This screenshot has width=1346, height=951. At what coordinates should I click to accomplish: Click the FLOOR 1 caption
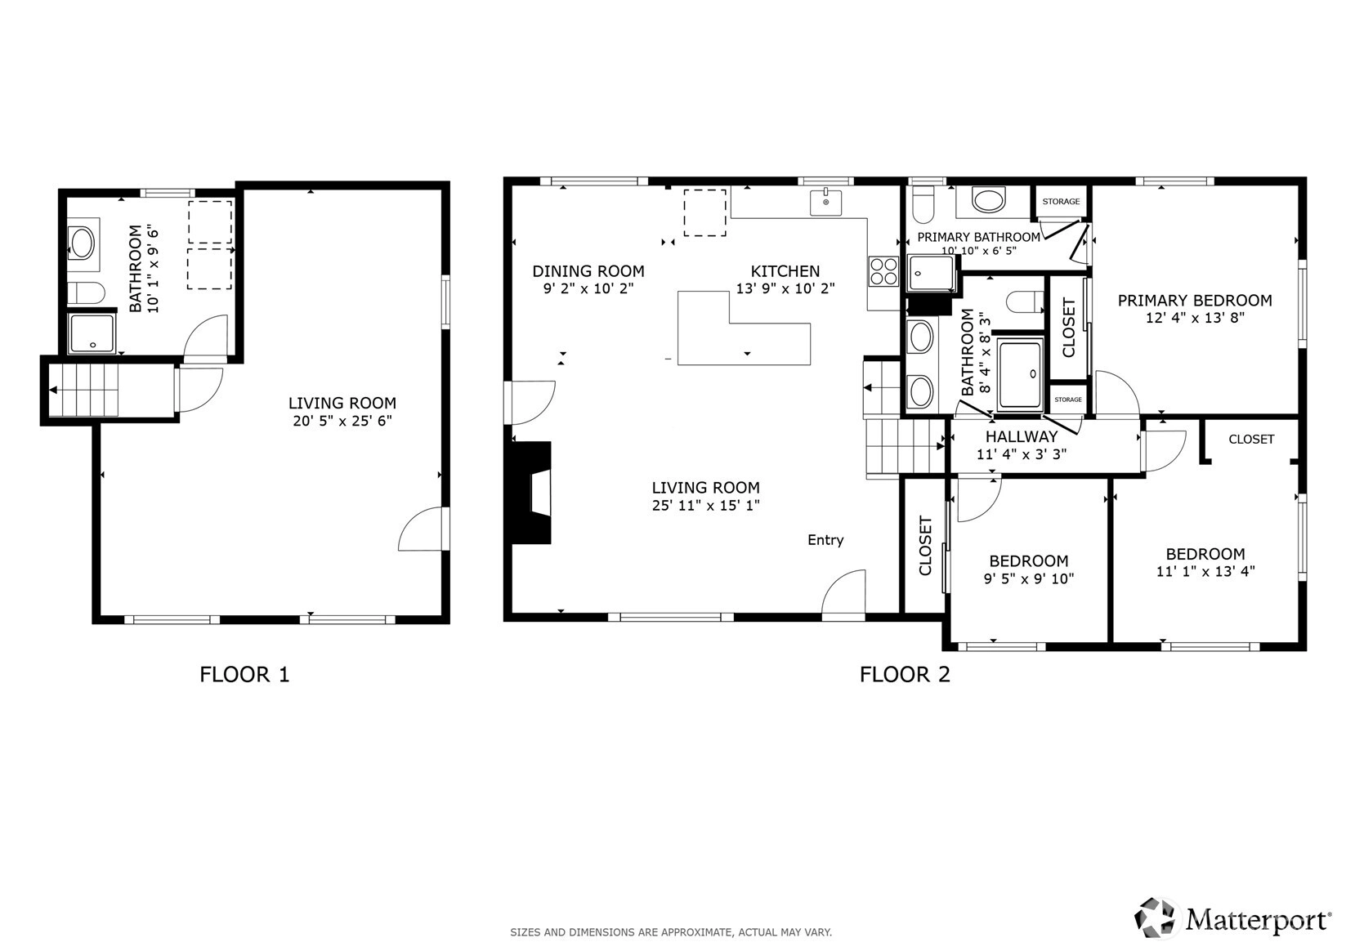(x=244, y=675)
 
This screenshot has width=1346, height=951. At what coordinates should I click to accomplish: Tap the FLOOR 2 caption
(x=905, y=675)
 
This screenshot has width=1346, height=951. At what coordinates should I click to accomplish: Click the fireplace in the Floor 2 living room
(x=531, y=493)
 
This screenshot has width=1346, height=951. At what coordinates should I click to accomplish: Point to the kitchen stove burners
(x=883, y=271)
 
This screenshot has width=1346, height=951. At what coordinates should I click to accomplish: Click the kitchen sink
(x=825, y=203)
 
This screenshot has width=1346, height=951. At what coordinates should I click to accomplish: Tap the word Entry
(x=825, y=540)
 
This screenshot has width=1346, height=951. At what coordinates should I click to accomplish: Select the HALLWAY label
(x=1022, y=437)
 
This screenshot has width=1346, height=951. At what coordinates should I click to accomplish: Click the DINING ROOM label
(x=588, y=271)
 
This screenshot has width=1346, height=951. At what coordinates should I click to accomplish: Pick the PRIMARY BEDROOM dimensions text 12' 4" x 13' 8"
(x=1195, y=318)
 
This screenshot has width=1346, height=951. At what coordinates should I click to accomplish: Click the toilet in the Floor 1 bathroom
(x=86, y=293)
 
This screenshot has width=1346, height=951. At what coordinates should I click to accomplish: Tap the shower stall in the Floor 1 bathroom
(x=92, y=333)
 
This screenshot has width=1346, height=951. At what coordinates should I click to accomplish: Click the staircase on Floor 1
(x=83, y=390)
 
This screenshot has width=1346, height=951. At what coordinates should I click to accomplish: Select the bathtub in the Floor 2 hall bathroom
(x=1020, y=373)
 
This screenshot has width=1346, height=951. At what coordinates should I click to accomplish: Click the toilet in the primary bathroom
(x=923, y=204)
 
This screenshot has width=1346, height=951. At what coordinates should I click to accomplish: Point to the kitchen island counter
(x=744, y=328)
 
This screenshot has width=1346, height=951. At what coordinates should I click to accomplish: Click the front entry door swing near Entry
(x=843, y=593)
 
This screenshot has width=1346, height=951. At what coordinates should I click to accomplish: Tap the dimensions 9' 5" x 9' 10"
(x=1029, y=578)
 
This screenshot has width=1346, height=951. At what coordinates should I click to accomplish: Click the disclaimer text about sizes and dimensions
(x=671, y=932)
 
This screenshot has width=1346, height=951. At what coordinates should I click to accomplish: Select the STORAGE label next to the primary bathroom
(x=1061, y=202)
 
